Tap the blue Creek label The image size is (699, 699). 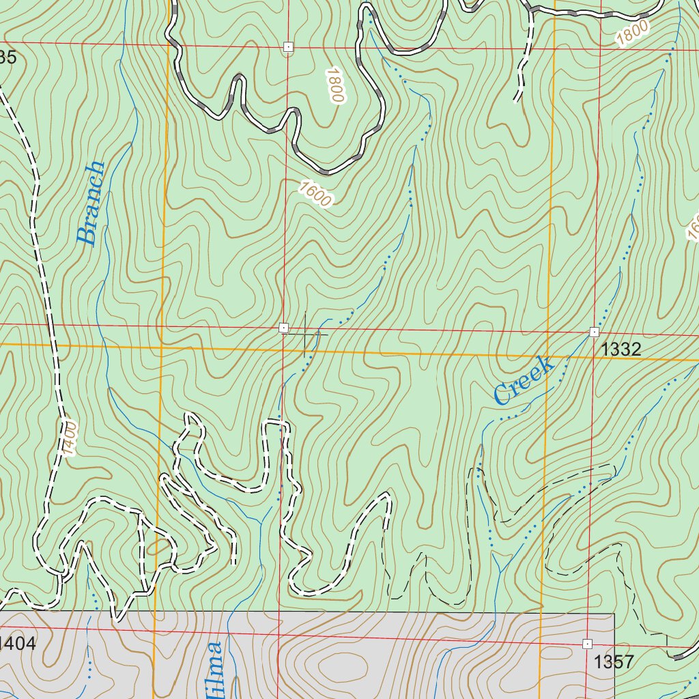[522, 381]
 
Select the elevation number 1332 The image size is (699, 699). [620, 350]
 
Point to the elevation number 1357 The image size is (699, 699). [614, 661]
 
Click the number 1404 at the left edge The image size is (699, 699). [17, 642]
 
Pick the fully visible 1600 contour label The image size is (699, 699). [315, 193]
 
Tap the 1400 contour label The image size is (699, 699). [69, 438]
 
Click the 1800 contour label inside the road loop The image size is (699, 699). [333, 85]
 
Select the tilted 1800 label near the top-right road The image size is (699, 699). [632, 33]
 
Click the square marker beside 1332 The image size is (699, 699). [594, 332]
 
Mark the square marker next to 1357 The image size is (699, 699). [587, 644]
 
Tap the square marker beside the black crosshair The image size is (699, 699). [283, 328]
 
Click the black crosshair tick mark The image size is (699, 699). [304, 334]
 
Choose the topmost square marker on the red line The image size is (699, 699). [288, 46]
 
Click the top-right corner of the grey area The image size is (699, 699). [614, 613]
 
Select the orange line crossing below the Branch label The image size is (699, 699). [161, 347]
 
